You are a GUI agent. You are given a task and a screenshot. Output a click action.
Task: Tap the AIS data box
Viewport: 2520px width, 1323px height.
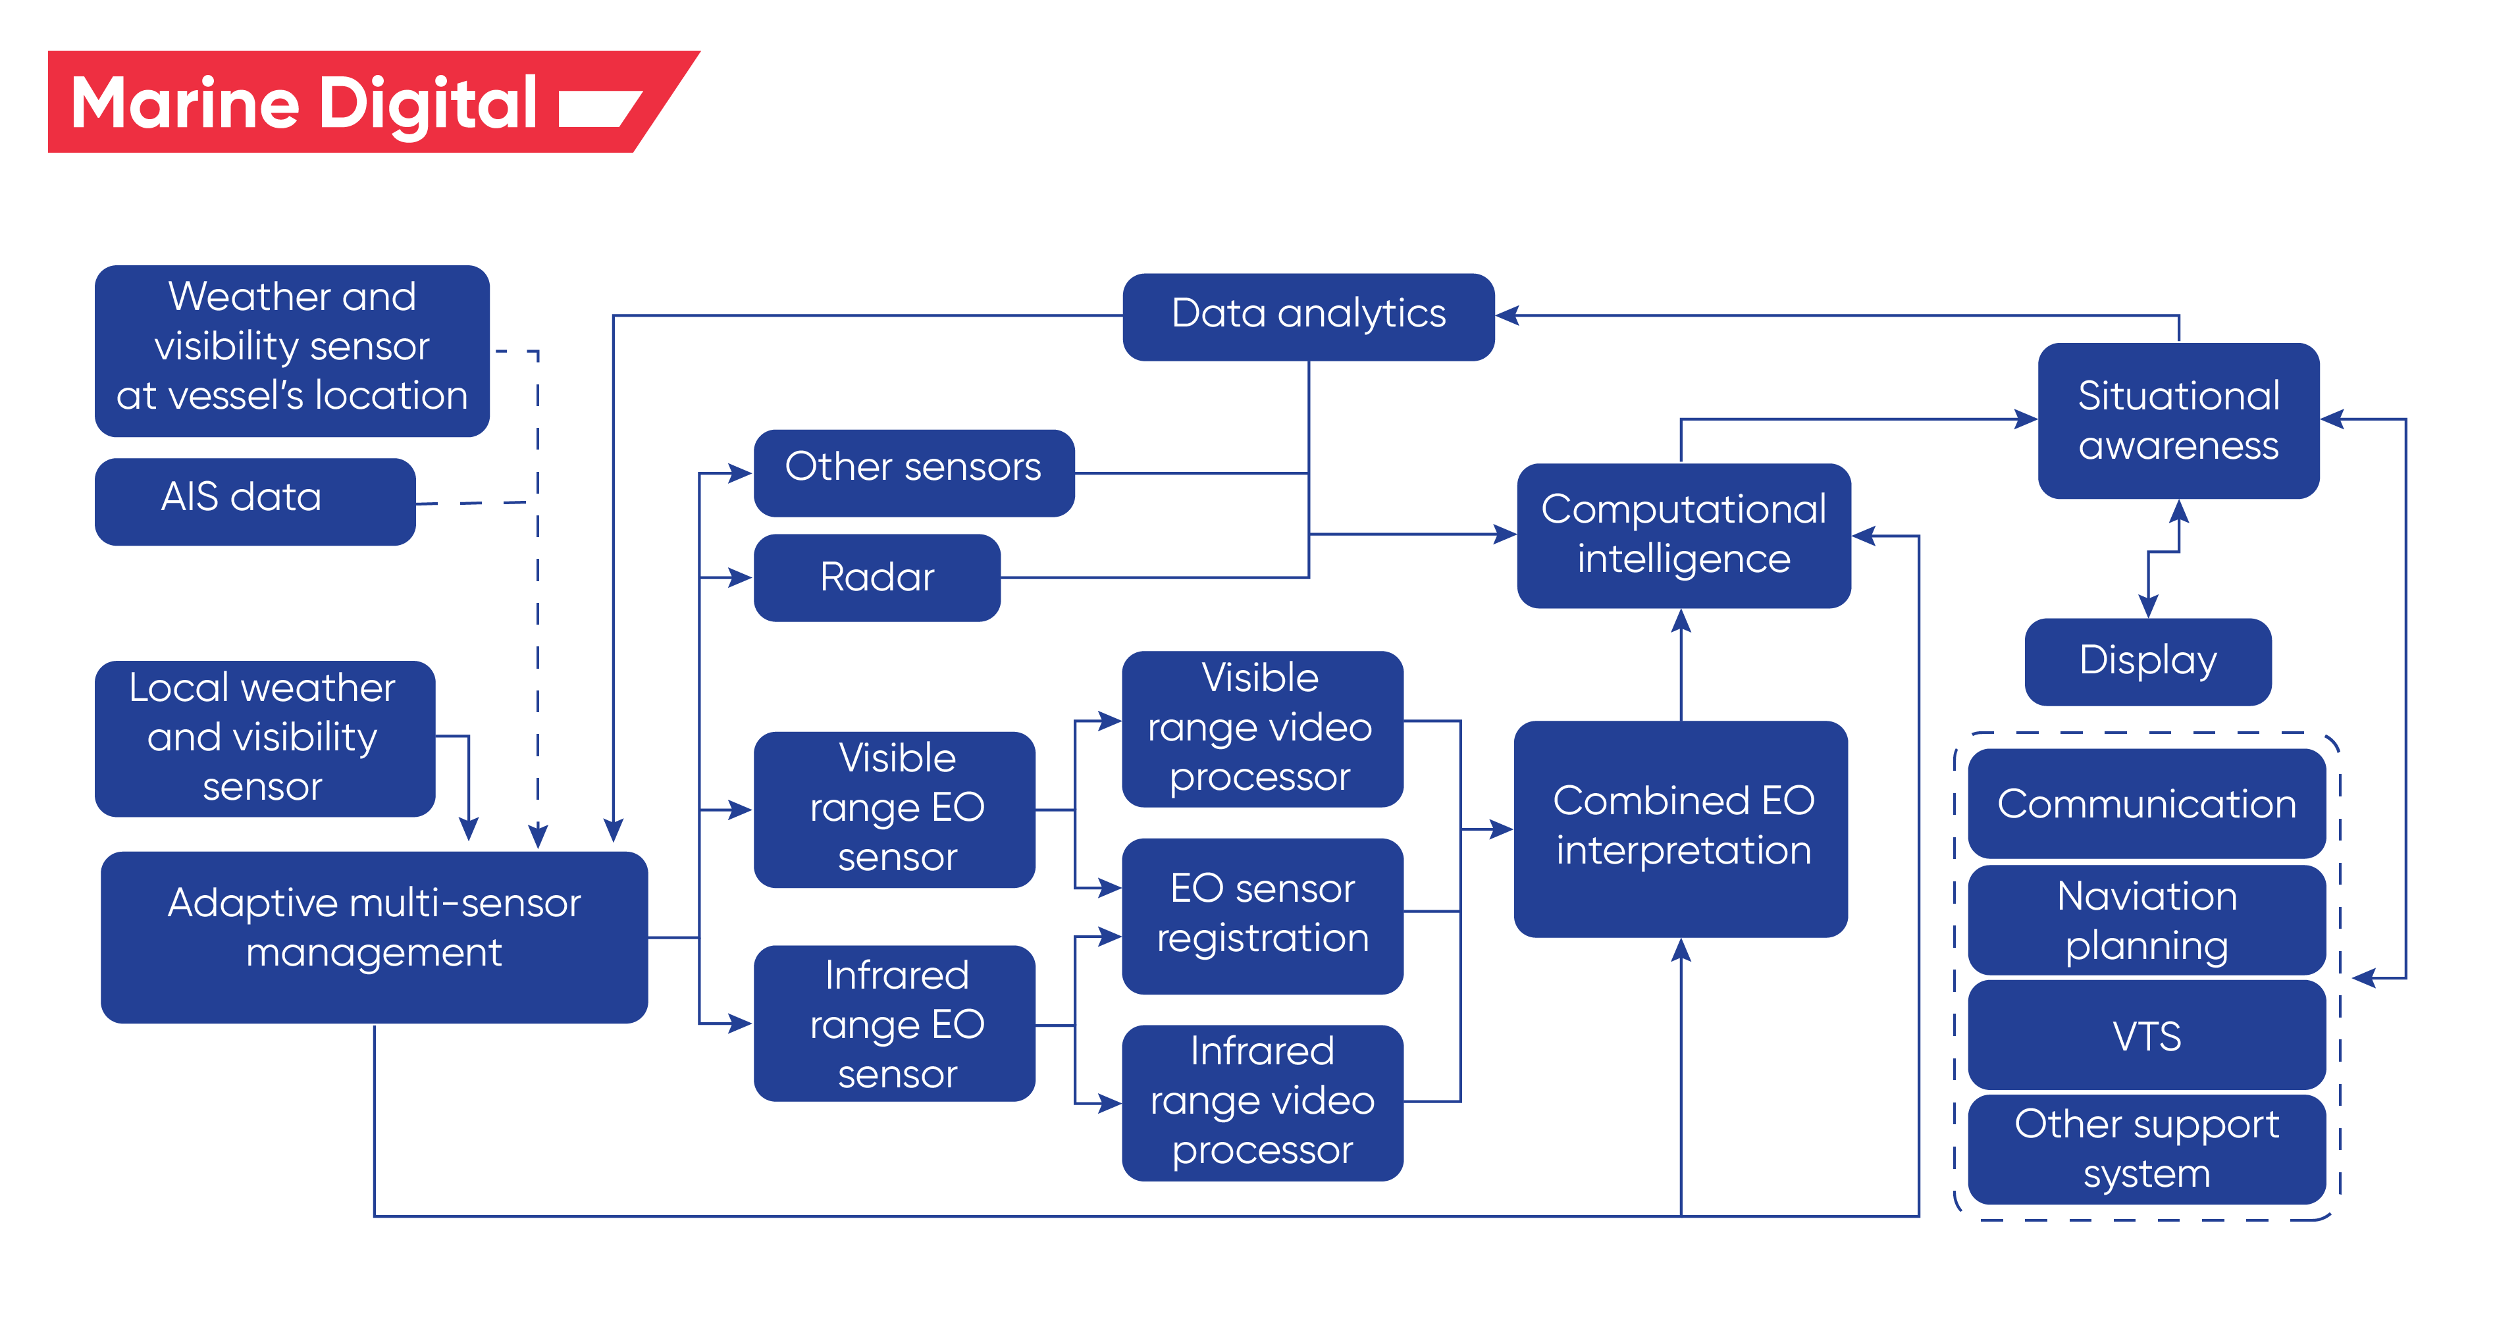pyautogui.click(x=254, y=501)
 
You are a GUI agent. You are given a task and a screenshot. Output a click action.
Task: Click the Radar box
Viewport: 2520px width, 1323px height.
pyautogui.click(x=876, y=577)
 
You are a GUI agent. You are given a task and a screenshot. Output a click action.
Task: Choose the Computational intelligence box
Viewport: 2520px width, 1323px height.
pyautogui.click(x=1683, y=535)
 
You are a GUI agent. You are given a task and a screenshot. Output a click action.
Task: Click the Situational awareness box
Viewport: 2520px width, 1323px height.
pyautogui.click(x=2178, y=421)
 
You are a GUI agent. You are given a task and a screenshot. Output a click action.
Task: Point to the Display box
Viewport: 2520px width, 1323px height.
pyautogui.click(x=2147, y=661)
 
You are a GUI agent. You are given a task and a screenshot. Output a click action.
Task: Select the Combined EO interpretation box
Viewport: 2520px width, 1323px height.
pyautogui.click(x=1680, y=827)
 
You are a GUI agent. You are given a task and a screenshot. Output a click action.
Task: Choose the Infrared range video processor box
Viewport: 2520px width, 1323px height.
pyautogui.click(x=1262, y=1102)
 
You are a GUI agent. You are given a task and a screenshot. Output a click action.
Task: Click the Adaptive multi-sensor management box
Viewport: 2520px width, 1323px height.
pyautogui.click(x=374, y=936)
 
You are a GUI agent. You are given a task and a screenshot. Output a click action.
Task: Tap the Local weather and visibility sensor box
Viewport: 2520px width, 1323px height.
pyautogui.click(x=264, y=739)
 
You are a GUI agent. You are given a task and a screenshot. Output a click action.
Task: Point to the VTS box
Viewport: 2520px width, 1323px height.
pyautogui.click(x=2146, y=1035)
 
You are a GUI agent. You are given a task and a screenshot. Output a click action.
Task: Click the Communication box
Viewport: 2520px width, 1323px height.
pyautogui.click(x=2146, y=804)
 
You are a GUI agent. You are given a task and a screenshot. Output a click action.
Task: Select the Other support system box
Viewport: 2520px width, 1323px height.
pyautogui.click(x=2146, y=1149)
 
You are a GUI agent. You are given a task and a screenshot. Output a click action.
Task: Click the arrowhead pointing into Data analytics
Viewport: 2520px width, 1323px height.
pyautogui.click(x=1506, y=315)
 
